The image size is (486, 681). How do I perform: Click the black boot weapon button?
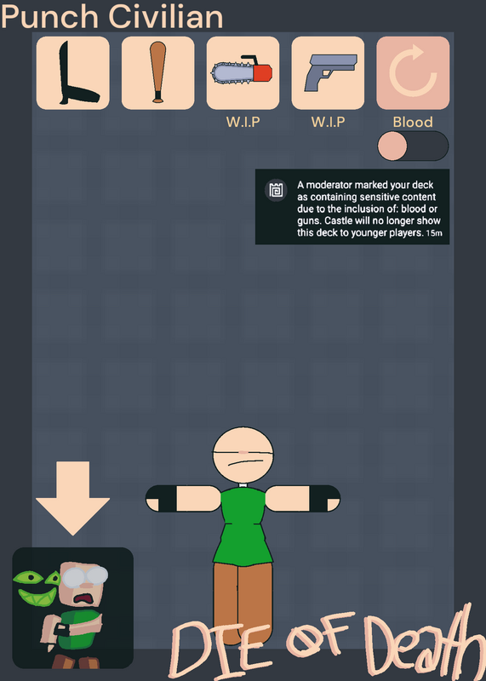(x=72, y=73)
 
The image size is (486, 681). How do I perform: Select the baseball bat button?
(x=157, y=73)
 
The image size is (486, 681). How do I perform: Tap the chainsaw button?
(x=243, y=73)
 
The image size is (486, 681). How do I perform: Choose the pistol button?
(x=328, y=73)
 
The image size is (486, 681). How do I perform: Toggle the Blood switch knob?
(x=392, y=146)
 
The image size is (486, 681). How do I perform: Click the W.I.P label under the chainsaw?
(x=243, y=122)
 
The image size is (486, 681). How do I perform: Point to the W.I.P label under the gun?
(x=329, y=122)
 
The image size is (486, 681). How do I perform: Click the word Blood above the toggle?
(x=413, y=122)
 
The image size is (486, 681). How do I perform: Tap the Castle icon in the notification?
(x=277, y=190)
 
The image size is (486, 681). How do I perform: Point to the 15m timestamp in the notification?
(x=434, y=233)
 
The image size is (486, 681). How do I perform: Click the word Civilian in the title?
(x=166, y=16)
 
